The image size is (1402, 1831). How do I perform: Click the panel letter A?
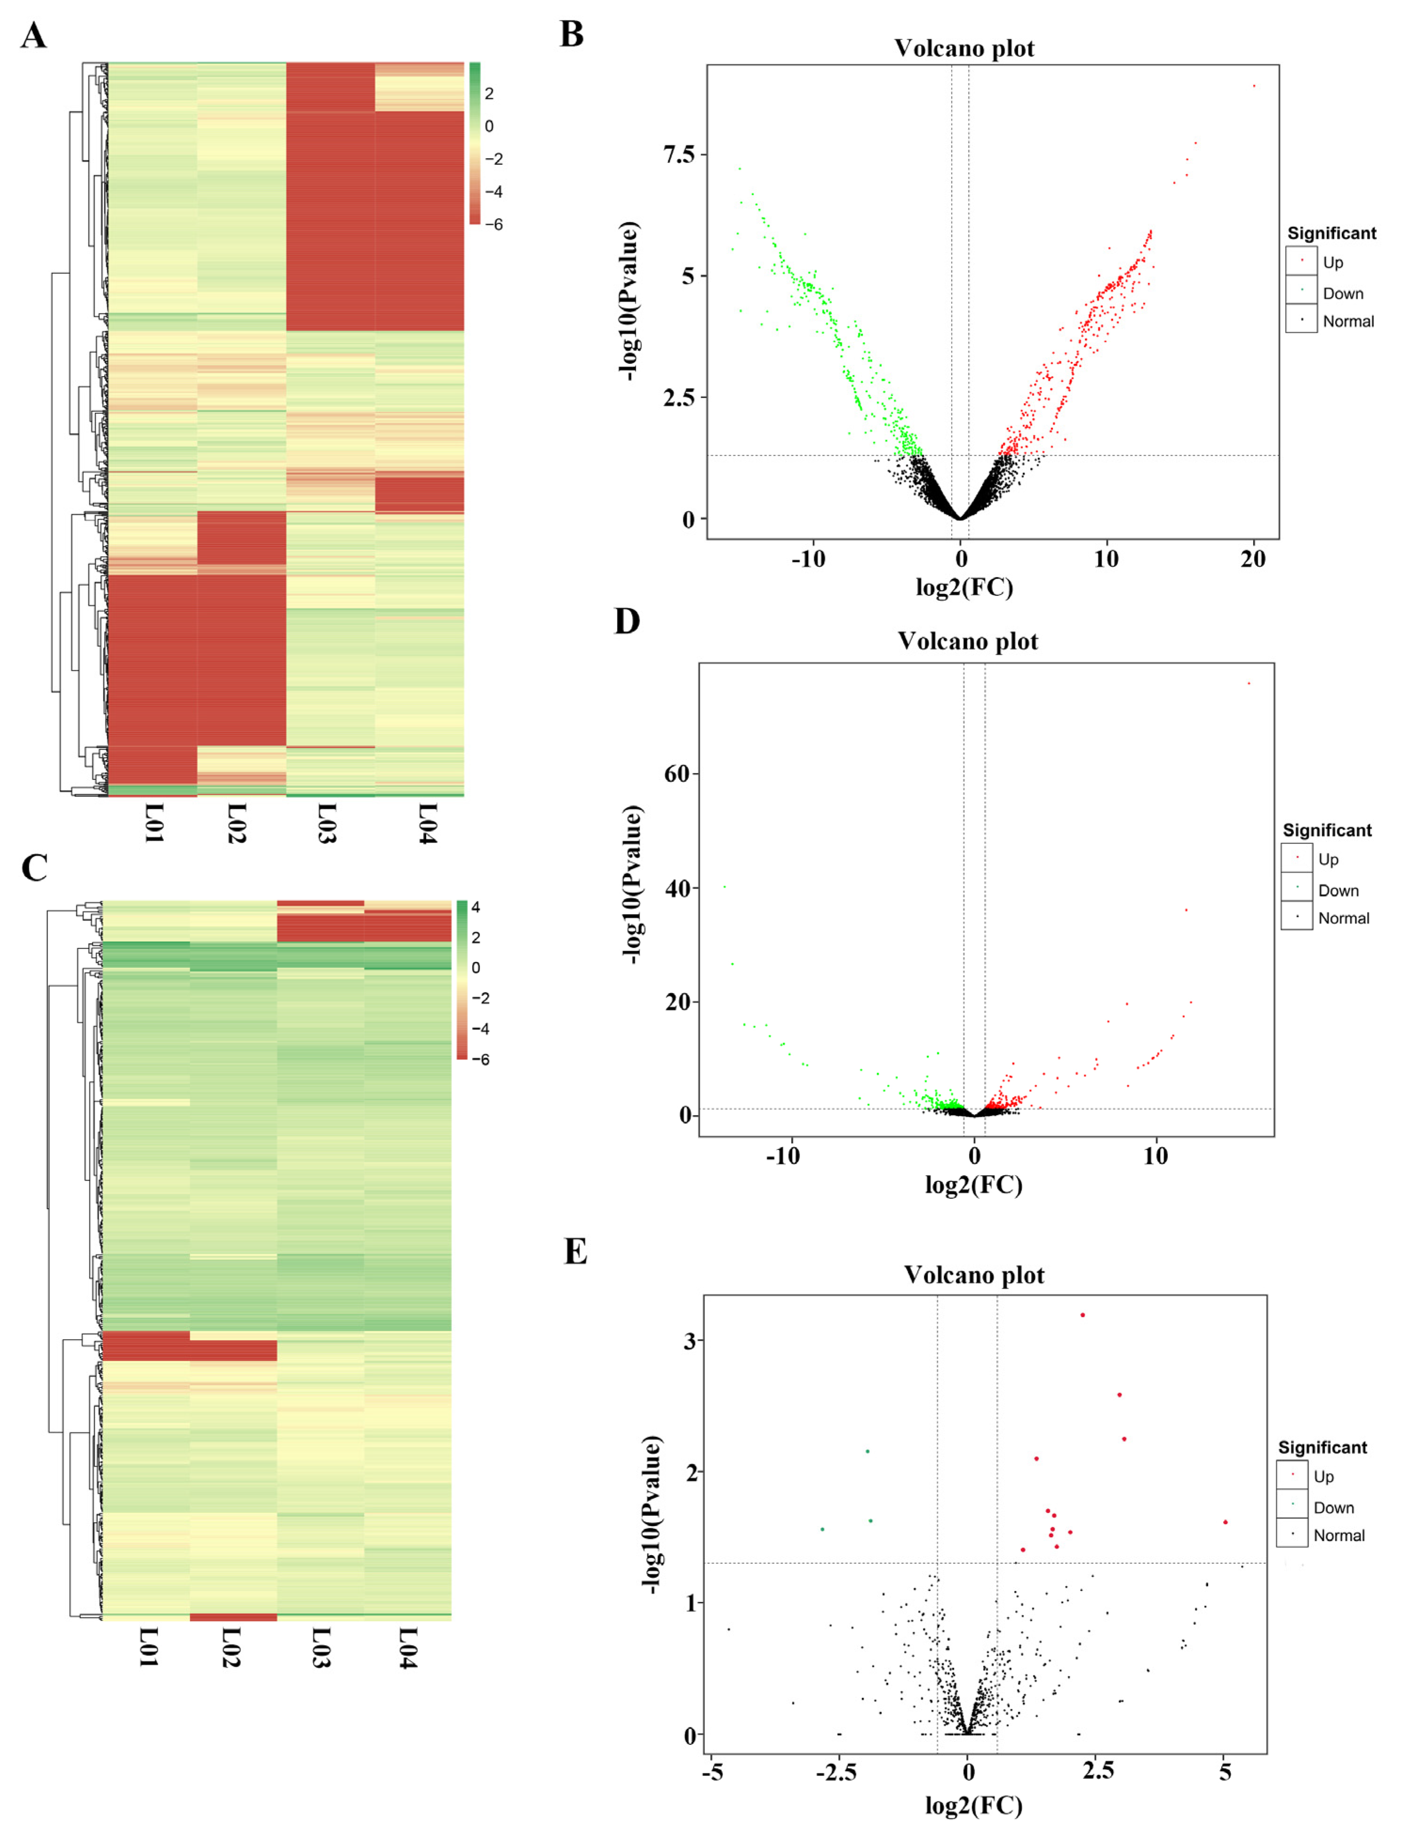coord(33,36)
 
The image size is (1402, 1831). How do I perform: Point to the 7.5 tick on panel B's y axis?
coord(679,154)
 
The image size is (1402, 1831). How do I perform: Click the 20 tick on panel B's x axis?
coord(1253,559)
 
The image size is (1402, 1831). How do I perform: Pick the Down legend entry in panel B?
coord(1342,294)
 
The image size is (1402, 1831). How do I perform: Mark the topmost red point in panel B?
coord(1253,86)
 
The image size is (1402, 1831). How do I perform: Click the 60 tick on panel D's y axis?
coord(677,774)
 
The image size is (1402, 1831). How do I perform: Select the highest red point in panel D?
coord(1249,683)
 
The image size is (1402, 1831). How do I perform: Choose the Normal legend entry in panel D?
coord(1343,918)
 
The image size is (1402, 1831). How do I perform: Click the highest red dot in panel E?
coord(1082,1315)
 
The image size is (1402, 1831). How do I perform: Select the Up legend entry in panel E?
coord(1323,1476)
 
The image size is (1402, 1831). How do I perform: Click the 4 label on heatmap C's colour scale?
coord(476,907)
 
